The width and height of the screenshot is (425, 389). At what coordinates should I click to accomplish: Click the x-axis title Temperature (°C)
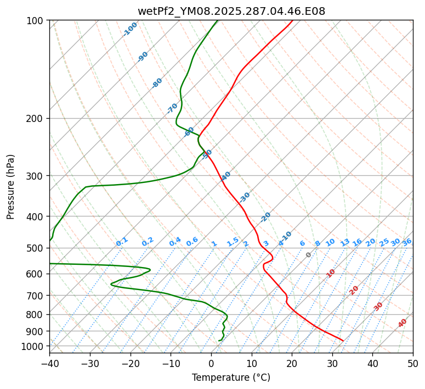tap(231, 378)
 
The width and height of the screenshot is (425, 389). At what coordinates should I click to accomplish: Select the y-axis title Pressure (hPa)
tap(11, 186)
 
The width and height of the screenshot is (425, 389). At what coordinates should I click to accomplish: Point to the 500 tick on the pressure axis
tap(36, 248)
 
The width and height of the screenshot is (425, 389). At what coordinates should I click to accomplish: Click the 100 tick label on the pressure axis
tap(36, 21)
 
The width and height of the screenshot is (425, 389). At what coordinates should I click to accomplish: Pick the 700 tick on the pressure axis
tap(36, 296)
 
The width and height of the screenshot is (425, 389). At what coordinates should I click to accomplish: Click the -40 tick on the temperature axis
tap(49, 364)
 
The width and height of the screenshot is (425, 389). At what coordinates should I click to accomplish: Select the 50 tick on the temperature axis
tap(413, 364)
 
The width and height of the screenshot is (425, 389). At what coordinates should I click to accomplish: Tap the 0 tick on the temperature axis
tap(211, 364)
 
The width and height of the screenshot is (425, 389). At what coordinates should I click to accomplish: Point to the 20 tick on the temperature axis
tap(292, 364)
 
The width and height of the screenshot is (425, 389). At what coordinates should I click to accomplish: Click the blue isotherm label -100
tap(130, 29)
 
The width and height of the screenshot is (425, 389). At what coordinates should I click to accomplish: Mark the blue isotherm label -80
tap(157, 83)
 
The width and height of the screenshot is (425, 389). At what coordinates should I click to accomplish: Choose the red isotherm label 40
tap(403, 323)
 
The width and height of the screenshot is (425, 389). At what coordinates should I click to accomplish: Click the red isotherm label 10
tap(331, 273)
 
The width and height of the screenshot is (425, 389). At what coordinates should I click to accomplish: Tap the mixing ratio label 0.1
tap(122, 242)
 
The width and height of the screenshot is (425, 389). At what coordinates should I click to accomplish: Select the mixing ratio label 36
tap(407, 242)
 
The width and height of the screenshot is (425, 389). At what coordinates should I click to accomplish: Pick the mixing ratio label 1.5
tap(233, 242)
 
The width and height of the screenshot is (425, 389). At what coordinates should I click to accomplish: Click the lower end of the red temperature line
tap(343, 341)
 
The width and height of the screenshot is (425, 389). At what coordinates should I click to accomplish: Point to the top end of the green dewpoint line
tap(217, 21)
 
